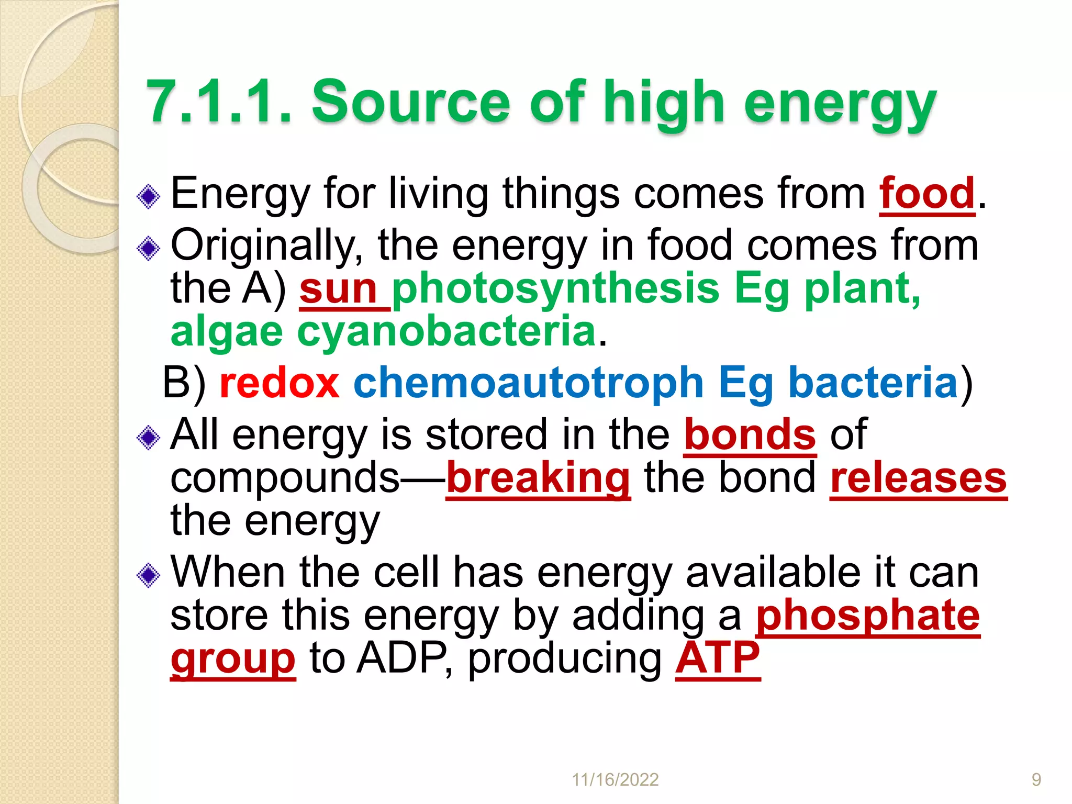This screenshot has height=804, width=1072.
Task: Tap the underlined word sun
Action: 338,289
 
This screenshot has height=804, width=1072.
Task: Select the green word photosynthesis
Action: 555,289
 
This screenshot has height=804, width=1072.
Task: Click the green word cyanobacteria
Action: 446,332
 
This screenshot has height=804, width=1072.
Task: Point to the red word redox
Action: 280,383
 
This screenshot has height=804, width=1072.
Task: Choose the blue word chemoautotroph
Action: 528,383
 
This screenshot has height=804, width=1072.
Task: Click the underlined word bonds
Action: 750,434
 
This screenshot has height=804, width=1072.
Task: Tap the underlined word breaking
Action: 538,478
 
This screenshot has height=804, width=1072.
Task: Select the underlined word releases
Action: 918,478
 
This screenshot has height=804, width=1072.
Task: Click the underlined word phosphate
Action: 868,616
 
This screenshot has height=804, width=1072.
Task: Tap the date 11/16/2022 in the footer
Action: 615,780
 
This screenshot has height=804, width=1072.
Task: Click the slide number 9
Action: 1036,780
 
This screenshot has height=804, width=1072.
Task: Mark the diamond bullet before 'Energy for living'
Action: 148,197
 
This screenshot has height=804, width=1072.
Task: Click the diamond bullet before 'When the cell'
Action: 148,575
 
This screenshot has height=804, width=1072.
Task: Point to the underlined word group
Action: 233,659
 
